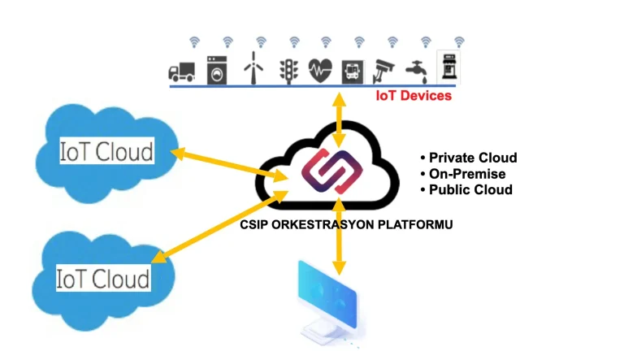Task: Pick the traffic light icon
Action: point(288,70)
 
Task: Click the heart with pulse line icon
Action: point(320,70)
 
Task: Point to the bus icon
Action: point(352,71)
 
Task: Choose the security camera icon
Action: point(383,71)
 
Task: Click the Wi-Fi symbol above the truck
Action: point(194,41)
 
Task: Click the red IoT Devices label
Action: point(413,96)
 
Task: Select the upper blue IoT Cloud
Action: point(106,151)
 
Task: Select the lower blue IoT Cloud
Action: point(102,278)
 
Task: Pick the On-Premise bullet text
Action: point(467,174)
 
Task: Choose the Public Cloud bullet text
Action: point(470,189)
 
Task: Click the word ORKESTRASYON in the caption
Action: point(325,225)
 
